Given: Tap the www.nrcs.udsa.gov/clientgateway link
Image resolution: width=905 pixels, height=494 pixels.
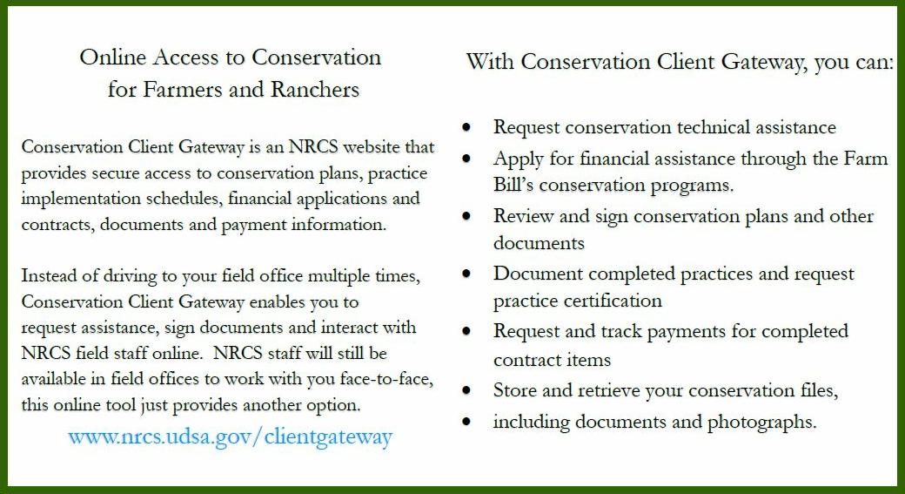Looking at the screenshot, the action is tap(231, 436).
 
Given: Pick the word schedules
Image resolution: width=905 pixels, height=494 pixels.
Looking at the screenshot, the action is tap(184, 198).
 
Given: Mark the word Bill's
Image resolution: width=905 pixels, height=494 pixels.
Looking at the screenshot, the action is tap(513, 185).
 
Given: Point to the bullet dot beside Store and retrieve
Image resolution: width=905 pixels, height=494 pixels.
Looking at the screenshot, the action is tap(466, 391).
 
